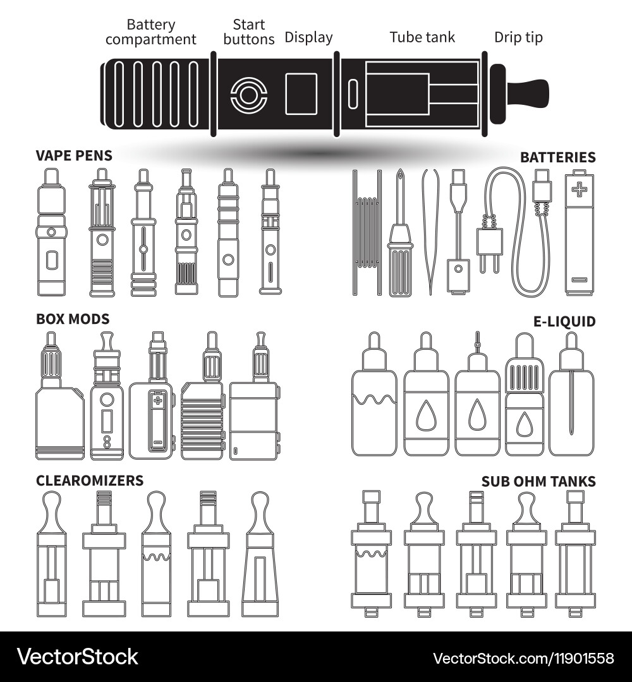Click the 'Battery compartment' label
[151, 32]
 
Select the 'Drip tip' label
[518, 37]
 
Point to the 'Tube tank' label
[422, 37]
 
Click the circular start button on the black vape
[248, 96]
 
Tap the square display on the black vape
[301, 94]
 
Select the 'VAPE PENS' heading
[74, 155]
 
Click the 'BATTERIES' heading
[557, 157]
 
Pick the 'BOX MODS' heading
[73, 319]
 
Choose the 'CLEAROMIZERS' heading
[90, 481]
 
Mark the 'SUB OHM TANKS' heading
[538, 482]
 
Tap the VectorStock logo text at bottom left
[78, 657]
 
